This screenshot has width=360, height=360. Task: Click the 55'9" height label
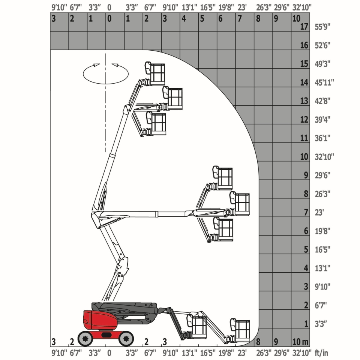click(322, 27)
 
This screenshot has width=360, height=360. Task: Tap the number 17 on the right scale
click(304, 27)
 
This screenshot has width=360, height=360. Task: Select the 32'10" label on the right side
click(324, 157)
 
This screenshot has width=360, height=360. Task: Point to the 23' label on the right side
click(319, 212)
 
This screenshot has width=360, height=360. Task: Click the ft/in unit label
click(321, 352)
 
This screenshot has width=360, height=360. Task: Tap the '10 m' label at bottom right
click(300, 342)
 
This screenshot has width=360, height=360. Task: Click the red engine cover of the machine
click(100, 319)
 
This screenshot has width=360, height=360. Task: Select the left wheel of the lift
click(85, 338)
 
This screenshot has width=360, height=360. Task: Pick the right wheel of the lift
click(126, 338)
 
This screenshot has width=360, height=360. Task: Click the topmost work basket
click(155, 73)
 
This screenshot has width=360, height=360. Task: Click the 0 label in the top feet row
click(109, 7)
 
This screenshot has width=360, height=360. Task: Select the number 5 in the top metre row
click(202, 19)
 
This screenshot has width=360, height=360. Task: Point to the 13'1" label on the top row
click(189, 7)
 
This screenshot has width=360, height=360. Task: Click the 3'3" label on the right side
click(321, 324)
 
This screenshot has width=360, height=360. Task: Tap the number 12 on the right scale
click(304, 120)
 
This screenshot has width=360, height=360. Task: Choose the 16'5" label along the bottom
click(207, 352)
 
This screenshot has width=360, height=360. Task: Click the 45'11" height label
click(324, 82)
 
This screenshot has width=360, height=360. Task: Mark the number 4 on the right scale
click(306, 268)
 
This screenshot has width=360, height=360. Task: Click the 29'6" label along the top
click(282, 7)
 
